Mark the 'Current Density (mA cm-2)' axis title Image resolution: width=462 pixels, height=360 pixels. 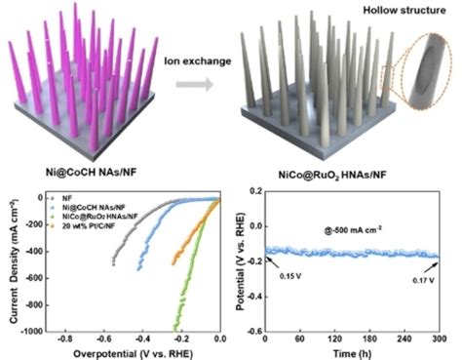pos(11,262)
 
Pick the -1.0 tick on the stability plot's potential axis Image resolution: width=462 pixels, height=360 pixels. pos(250,332)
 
